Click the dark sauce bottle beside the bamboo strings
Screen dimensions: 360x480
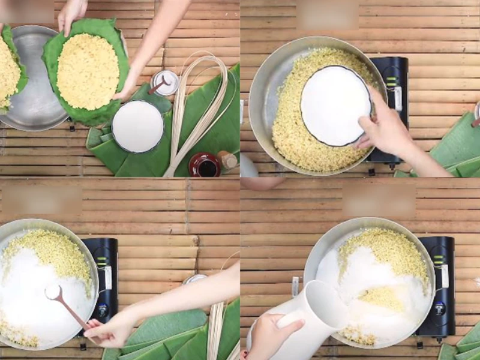205,165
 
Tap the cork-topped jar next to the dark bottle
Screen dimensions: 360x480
228,160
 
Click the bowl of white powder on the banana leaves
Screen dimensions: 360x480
137,126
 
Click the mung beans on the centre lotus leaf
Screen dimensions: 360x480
88,71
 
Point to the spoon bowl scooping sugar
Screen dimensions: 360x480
53,292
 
